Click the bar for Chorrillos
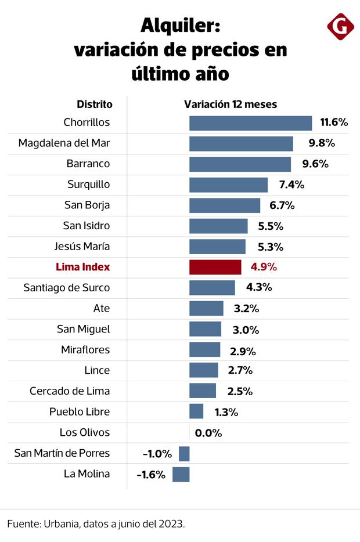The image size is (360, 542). point(250,123)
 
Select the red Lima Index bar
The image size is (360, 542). point(215,267)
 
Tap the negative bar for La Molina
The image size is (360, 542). point(181,474)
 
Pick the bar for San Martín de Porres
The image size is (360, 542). point(184,454)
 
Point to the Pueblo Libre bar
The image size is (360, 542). point(196,411)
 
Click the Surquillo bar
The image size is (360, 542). point(228,185)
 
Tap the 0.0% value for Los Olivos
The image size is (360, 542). point(208,433)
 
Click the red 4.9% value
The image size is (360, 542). point(263,268)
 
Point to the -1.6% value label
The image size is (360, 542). point(151,475)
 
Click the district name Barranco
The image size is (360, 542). point(88,164)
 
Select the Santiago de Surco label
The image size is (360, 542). point(66,288)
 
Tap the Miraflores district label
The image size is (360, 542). point(85,350)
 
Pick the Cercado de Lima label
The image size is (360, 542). point(70,391)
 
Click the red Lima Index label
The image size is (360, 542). point(82,267)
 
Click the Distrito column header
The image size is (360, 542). point(95,104)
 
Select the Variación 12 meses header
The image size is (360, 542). point(231,104)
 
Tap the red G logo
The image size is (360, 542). point(340,26)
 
